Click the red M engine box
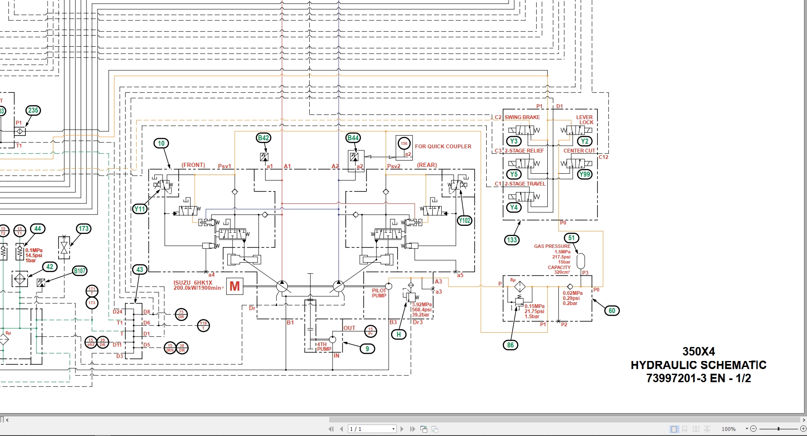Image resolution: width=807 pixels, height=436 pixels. [235, 286]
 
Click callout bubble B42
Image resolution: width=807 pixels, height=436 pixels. [263, 138]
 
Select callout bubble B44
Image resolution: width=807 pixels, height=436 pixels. [353, 138]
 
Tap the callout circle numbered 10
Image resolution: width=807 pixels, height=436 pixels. [161, 143]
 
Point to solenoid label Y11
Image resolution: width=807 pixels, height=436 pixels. [140, 209]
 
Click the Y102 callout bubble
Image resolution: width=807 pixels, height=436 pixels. [465, 220]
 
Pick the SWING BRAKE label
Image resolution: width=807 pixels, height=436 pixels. [522, 117]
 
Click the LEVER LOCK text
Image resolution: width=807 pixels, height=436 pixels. [585, 120]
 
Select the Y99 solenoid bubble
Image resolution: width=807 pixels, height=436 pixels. [585, 174]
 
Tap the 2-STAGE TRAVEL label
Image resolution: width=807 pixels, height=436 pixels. [525, 184]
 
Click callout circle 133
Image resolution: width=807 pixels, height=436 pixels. [512, 240]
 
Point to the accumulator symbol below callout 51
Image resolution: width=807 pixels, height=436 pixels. [581, 261]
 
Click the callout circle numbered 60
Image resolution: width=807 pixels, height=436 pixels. [612, 311]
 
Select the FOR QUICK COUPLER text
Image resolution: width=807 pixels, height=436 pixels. [443, 147]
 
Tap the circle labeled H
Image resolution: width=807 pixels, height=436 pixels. [398, 334]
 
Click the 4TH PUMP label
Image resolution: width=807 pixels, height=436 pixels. [324, 347]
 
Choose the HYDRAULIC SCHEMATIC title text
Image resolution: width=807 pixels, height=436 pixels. [698, 365]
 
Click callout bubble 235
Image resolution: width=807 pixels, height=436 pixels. [33, 111]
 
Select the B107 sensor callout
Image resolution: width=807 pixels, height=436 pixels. [80, 271]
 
